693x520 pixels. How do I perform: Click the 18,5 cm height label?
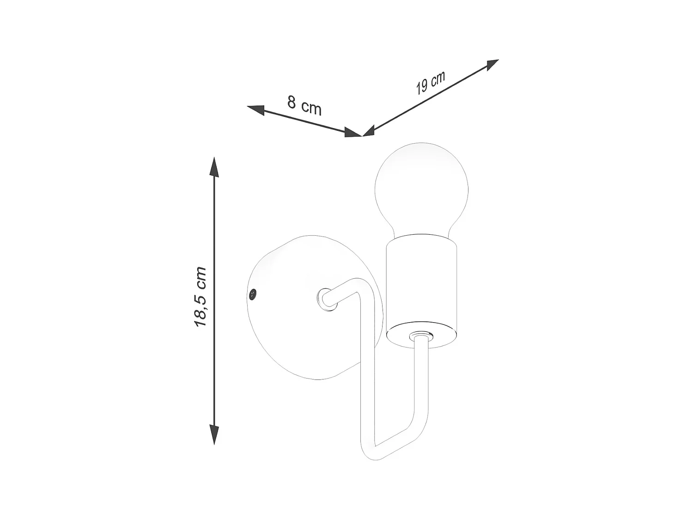pos(201,297)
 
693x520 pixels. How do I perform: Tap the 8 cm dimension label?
pos(304,105)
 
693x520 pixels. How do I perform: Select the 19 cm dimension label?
pos(430,82)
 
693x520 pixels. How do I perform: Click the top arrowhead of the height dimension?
pos(214,166)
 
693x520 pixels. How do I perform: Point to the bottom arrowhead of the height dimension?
pos(214,434)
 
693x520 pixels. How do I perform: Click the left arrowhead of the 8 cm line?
pos(256,110)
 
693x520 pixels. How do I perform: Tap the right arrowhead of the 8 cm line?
pos(353,133)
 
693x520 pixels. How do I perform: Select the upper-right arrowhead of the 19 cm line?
pos(492,65)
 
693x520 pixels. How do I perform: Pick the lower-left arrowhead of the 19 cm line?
pos(369,131)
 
